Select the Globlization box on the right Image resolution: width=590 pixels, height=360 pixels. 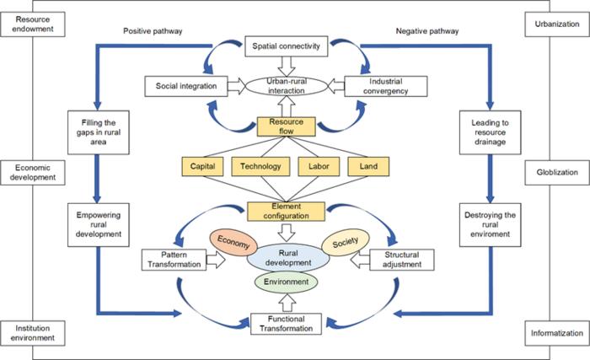tap(556, 172)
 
